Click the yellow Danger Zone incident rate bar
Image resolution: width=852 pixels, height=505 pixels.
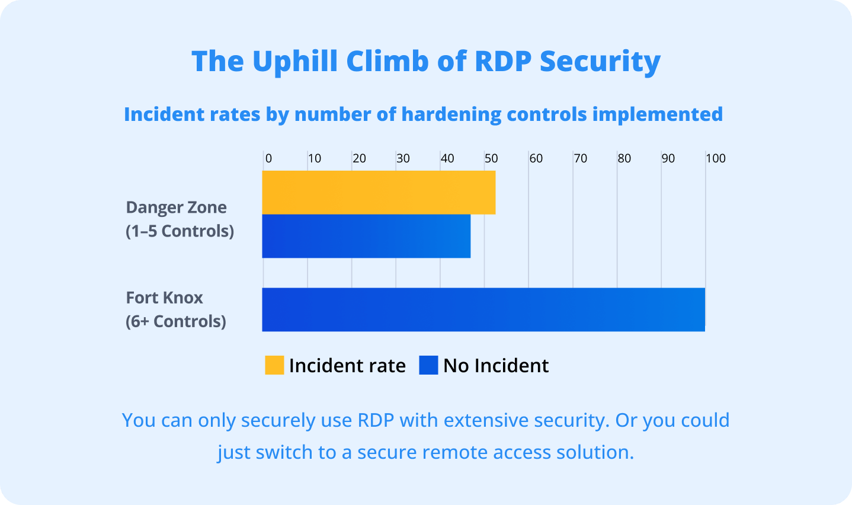coord(379,193)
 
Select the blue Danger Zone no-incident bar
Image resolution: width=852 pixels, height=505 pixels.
coord(366,236)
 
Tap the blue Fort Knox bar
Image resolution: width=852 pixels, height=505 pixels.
coord(483,309)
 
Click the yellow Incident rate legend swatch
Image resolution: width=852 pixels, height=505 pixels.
coord(274,365)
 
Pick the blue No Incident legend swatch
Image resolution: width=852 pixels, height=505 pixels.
coord(428,365)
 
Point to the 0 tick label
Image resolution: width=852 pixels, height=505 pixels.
coord(268,158)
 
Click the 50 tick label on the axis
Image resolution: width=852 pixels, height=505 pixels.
coord(491,158)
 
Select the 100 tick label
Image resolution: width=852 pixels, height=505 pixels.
coord(715,158)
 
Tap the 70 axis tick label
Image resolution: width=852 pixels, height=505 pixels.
coord(580,158)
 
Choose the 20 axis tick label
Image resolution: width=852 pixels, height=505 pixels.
coord(359,158)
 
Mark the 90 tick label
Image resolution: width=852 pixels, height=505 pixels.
coord(668,158)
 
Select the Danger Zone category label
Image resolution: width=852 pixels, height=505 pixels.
coord(176,207)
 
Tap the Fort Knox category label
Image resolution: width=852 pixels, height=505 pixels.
coord(164,298)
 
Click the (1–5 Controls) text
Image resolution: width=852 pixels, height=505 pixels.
coord(180,231)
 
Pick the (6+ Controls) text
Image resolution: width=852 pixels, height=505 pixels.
coord(175,321)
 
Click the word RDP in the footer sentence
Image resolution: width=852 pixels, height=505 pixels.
coord(376,420)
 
